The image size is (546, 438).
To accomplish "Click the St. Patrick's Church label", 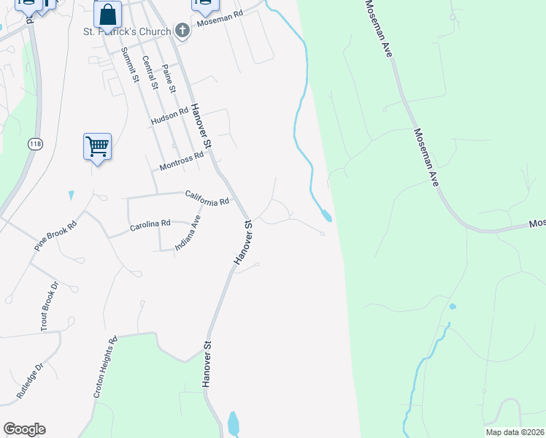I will (x=126, y=31).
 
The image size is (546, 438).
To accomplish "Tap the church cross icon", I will (x=182, y=31).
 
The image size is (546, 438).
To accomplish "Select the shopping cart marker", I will (x=97, y=147).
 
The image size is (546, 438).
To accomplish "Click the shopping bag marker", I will (x=107, y=14).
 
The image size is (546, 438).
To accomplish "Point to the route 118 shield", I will (x=35, y=144).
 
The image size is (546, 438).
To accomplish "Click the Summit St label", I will (x=130, y=66).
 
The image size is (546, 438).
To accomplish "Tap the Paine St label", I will (x=169, y=78).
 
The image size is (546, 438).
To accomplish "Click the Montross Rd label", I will (x=181, y=160).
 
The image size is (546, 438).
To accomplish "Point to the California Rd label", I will (x=207, y=197).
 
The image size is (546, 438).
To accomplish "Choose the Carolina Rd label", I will (x=150, y=225).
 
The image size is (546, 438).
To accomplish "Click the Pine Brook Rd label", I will (x=55, y=237).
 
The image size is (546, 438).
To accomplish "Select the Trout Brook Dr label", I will (x=49, y=307).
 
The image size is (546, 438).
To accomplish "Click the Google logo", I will (x=24, y=429).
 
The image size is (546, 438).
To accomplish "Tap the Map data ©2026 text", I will (x=515, y=432).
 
